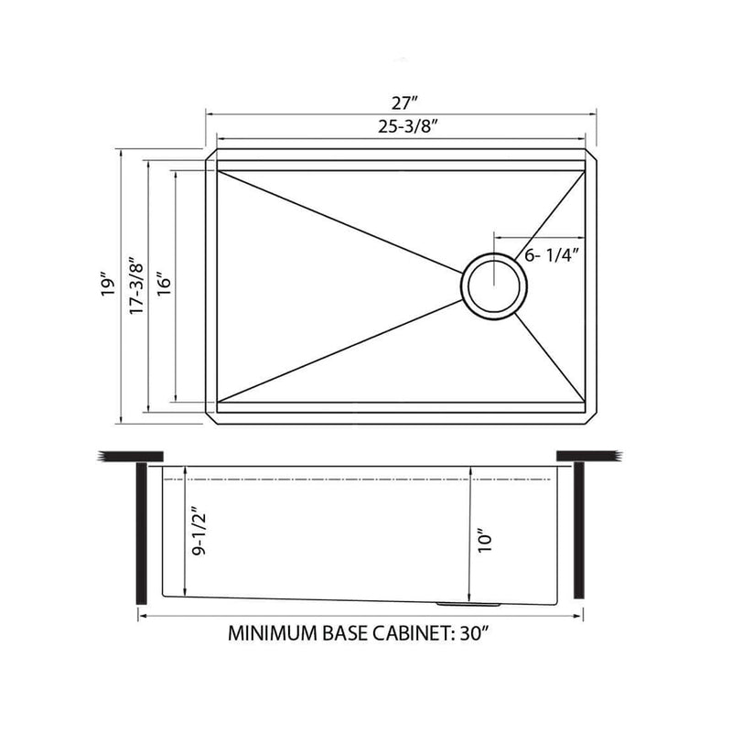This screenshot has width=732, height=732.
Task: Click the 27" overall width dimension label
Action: click(x=401, y=99)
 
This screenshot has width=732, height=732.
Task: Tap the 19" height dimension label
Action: click(x=108, y=285)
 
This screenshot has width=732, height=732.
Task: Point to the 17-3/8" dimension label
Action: click(x=136, y=285)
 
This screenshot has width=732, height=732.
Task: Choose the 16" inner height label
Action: click(x=164, y=285)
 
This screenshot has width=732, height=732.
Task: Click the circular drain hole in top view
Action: click(x=493, y=286)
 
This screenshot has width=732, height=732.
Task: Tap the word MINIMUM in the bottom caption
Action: click(x=272, y=633)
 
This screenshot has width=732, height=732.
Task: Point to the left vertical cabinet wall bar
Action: click(x=140, y=533)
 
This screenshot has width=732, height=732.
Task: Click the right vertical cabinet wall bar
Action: click(x=578, y=529)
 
